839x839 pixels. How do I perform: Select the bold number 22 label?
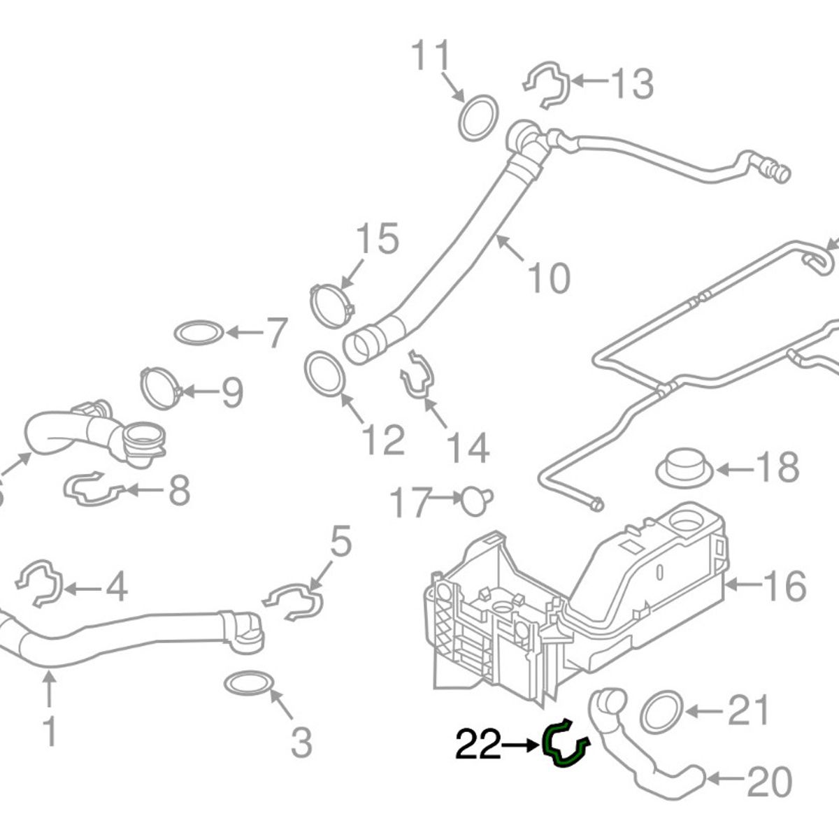pyautogui.click(x=479, y=745)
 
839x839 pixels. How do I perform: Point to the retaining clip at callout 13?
pyautogui.click(x=547, y=85)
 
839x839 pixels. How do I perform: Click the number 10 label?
pyautogui.click(x=549, y=278)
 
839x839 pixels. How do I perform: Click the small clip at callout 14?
pyautogui.click(x=417, y=375)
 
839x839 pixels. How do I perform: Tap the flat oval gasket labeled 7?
pyautogui.click(x=199, y=334)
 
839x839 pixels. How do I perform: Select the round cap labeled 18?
pyautogui.click(x=684, y=468)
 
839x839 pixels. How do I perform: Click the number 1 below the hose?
pyautogui.click(x=50, y=731)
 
